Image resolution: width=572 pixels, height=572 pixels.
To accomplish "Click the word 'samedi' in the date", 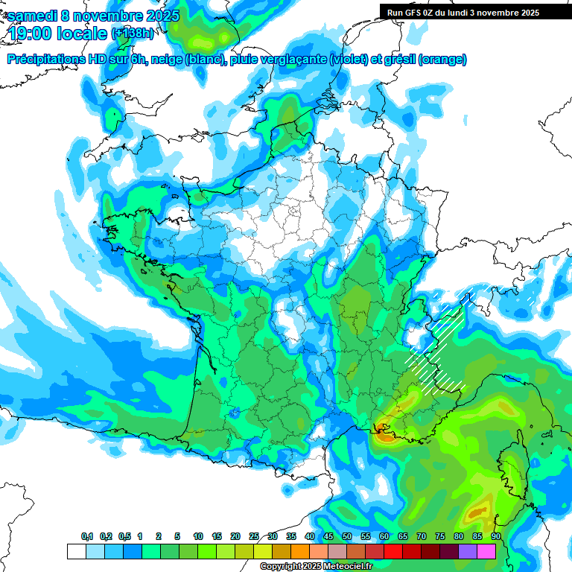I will click(x=31, y=16).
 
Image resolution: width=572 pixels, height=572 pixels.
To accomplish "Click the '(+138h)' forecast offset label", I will click(x=133, y=34).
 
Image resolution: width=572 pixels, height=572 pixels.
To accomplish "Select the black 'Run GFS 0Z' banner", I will click(x=470, y=12).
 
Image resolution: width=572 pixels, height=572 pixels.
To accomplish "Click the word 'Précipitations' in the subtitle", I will click(x=46, y=60).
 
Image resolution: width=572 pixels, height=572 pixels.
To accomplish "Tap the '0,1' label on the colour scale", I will click(x=87, y=537).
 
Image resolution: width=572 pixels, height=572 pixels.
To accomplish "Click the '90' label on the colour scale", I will click(x=496, y=537).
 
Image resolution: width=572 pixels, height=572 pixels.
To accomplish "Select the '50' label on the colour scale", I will click(x=347, y=537).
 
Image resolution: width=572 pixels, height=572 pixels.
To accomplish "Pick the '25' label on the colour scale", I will click(x=254, y=537).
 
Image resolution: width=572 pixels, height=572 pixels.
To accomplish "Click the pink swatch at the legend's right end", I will click(x=486, y=551).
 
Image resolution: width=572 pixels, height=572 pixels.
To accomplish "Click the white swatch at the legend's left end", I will click(x=76, y=551).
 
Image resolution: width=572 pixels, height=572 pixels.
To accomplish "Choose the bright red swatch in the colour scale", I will click(x=393, y=551).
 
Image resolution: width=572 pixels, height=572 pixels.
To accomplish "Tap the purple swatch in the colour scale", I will click(x=468, y=551).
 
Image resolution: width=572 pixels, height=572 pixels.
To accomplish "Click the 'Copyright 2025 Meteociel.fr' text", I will click(x=316, y=567).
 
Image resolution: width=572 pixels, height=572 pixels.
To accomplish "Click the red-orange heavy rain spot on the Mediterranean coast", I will click(x=384, y=431).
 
